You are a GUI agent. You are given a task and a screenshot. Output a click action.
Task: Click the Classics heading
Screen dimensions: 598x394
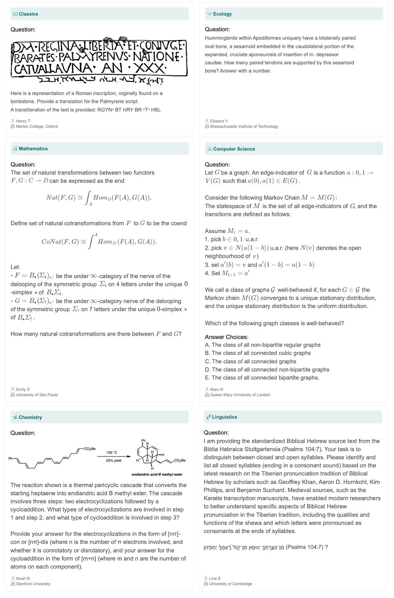(x=28, y=14)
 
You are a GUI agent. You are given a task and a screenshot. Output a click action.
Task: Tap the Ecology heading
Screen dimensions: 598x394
(x=222, y=14)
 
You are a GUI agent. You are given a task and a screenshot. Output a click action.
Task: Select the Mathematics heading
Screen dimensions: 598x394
(x=33, y=149)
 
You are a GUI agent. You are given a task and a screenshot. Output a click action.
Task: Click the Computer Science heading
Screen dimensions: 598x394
(x=234, y=149)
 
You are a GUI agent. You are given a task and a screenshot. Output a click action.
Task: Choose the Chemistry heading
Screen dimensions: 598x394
(x=30, y=417)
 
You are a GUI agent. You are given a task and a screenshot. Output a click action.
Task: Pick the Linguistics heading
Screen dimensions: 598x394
(x=224, y=417)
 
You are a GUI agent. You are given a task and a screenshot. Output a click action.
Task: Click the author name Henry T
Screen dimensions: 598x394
(x=23, y=121)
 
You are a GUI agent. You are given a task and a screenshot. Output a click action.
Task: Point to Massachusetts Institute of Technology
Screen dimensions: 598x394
(x=244, y=127)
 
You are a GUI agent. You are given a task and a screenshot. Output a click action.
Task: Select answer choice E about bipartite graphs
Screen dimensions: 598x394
(x=261, y=378)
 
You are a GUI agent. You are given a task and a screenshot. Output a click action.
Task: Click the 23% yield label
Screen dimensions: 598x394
(x=114, y=460)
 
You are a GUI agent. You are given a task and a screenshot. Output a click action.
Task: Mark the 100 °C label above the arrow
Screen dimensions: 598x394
(x=112, y=453)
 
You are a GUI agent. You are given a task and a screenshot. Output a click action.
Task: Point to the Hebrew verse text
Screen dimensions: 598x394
(x=244, y=548)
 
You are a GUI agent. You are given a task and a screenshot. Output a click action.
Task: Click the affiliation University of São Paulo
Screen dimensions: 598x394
(x=37, y=395)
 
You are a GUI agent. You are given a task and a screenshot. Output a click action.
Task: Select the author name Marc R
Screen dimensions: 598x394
(x=217, y=389)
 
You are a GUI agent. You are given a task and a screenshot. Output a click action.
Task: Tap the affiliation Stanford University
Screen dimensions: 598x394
(x=33, y=584)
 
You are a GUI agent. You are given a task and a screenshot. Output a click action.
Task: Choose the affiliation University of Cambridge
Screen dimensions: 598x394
(x=230, y=584)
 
